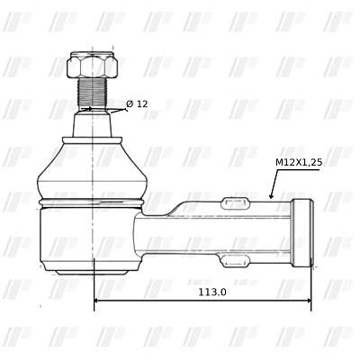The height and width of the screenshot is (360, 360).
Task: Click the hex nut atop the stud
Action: tap(92, 65)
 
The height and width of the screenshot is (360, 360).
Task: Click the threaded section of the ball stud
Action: tap(92, 93)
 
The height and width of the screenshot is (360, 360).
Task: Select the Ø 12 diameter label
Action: tap(137, 104)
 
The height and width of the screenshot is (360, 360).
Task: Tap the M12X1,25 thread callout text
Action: tap(299, 163)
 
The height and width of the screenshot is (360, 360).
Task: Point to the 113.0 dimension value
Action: tap(212, 292)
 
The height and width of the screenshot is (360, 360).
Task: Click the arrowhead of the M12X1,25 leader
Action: tap(271, 195)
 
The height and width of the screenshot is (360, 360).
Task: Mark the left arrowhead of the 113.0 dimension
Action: tap(97, 301)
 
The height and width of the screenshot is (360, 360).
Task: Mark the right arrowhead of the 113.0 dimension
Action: tap(308, 301)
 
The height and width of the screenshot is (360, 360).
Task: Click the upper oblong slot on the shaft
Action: tap(235, 203)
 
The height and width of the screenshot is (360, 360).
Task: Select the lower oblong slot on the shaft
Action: tap(235, 260)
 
